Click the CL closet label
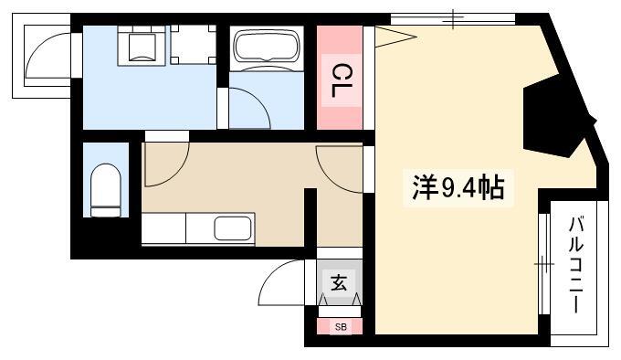click(341, 81)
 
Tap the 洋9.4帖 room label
click(458, 187)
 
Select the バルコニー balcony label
click(576, 265)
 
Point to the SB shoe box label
click(341, 327)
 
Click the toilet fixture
click(106, 190)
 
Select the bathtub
click(266, 48)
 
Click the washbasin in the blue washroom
click(142, 46)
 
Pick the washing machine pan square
click(194, 45)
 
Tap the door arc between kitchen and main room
click(338, 169)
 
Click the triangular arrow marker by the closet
click(395, 37)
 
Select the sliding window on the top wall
click(453, 19)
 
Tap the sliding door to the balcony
click(544, 264)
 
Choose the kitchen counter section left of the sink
click(163, 228)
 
